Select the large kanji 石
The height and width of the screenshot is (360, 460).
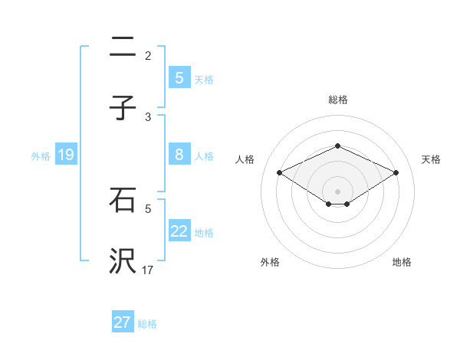123,201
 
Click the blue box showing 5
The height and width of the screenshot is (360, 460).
179,77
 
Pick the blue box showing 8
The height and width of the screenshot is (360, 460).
179,155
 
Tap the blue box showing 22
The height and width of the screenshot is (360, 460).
179,231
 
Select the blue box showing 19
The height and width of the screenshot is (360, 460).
65,155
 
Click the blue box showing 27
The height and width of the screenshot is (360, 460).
122,322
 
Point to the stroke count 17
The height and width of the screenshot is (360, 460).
148,270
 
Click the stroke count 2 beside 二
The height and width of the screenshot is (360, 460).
148,55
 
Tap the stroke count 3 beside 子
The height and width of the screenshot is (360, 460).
148,116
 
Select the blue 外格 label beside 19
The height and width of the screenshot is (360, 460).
41,155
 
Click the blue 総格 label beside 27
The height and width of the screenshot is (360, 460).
147,323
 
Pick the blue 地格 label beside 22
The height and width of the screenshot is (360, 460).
204,232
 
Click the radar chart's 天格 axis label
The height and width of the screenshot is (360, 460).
431,159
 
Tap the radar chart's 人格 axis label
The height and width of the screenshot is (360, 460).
245,159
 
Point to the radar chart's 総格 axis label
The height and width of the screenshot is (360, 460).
337,100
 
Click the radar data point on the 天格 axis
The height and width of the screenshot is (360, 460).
396,173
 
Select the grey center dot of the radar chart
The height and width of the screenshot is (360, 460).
337,191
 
